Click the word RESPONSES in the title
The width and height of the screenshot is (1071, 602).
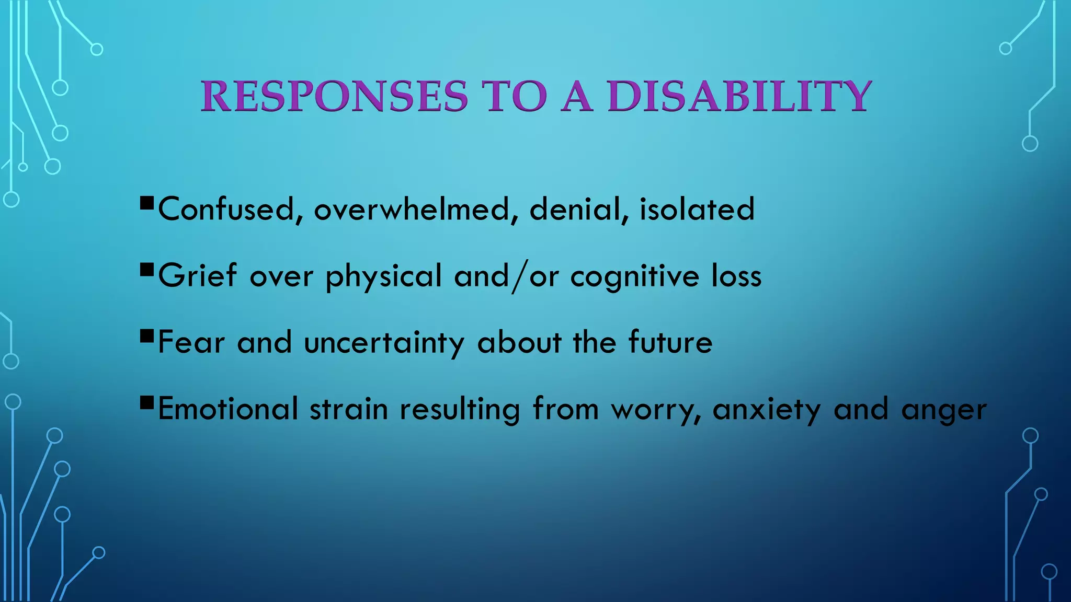[x=335, y=97]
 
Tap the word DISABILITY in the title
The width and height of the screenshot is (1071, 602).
[x=739, y=97]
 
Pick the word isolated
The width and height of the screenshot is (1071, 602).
[x=697, y=210]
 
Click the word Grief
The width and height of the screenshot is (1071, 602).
[x=197, y=276]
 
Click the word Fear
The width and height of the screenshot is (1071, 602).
[x=191, y=343]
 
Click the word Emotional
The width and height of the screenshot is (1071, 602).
[x=228, y=409]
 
